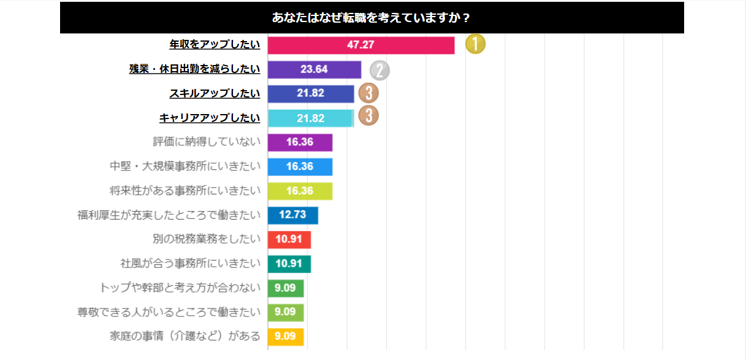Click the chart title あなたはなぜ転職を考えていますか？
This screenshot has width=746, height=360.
[x=371, y=18]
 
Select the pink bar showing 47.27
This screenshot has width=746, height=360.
[x=361, y=45]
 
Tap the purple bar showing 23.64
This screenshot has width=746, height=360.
[x=314, y=69]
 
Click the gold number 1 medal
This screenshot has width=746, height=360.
[x=475, y=44]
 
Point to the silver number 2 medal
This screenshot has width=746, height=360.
[x=379, y=71]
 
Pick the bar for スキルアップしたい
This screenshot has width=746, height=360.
[x=311, y=94]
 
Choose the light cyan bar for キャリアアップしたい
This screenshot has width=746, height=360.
[x=311, y=118]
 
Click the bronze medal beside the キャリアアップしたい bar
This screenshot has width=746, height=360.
[x=368, y=115]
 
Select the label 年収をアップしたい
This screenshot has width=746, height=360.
[x=215, y=45]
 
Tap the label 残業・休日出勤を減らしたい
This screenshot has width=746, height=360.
[x=194, y=69]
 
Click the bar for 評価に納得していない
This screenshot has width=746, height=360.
[x=300, y=142]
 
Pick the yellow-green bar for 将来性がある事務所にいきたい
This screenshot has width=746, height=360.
[x=300, y=191]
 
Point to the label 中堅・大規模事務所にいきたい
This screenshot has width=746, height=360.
[x=185, y=166]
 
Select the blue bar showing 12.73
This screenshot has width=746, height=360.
[x=293, y=215]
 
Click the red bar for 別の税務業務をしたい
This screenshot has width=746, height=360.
[x=289, y=239]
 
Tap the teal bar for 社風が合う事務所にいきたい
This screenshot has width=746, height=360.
[x=289, y=264]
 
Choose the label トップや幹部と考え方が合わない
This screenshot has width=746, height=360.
[x=180, y=288]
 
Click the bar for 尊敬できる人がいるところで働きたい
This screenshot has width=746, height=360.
[x=286, y=312]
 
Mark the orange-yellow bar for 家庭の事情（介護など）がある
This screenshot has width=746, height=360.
[x=286, y=336]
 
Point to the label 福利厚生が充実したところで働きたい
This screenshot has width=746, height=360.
[x=169, y=215]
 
